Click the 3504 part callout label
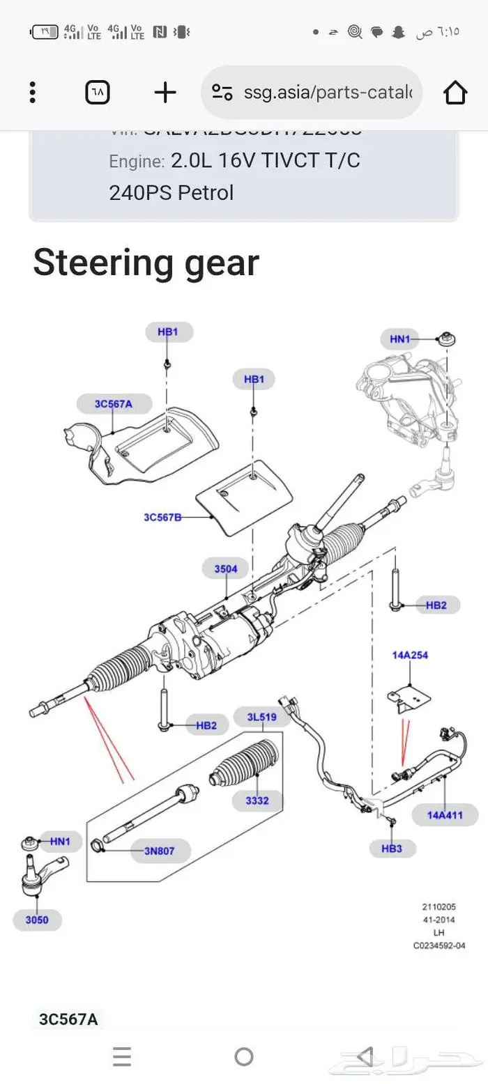[225, 569]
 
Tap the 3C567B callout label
[162, 517]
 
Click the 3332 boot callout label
[257, 800]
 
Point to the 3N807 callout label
[160, 850]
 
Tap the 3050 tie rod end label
[37, 920]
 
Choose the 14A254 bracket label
[410, 655]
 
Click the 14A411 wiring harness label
[445, 814]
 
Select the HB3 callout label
[392, 849]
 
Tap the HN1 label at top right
[400, 339]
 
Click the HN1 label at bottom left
[60, 842]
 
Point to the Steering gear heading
[146, 263]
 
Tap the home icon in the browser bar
[455, 92]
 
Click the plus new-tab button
[165, 92]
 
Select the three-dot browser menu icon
[32, 92]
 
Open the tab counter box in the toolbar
[98, 92]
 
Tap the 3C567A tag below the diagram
[68, 1019]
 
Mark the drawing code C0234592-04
[439, 945]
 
